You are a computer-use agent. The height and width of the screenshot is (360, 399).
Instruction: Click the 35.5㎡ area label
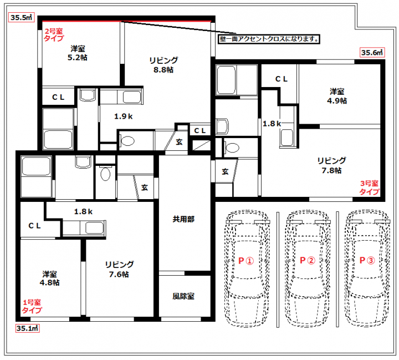click(22, 17)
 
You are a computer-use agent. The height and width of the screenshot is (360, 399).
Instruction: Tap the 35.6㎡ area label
click(372, 52)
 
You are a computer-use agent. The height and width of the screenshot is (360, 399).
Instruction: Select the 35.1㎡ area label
click(28, 328)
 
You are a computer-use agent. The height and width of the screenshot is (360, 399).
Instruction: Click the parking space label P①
click(246, 260)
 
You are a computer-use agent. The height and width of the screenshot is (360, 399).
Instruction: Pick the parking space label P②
click(308, 260)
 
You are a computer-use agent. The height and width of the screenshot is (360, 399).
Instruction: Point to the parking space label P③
click(367, 260)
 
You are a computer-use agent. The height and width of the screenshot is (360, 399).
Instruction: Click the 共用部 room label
click(183, 219)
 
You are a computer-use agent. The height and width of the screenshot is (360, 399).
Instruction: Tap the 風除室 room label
click(183, 296)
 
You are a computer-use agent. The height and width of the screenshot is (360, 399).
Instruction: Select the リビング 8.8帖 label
click(163, 65)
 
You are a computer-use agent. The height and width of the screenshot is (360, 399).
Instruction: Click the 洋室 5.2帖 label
click(78, 53)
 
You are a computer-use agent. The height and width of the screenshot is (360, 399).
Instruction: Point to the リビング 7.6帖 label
click(119, 269)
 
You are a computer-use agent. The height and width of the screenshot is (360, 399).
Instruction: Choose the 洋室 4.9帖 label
click(337, 96)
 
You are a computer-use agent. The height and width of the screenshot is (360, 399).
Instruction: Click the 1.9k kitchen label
click(124, 116)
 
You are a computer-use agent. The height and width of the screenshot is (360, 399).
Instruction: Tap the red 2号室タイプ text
click(54, 34)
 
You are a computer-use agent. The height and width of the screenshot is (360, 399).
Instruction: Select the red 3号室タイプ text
click(370, 187)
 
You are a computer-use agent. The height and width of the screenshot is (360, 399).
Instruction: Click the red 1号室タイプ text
click(32, 306)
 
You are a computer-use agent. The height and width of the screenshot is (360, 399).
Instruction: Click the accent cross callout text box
click(269, 39)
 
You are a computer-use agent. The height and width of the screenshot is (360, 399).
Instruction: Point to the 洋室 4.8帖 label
click(50, 278)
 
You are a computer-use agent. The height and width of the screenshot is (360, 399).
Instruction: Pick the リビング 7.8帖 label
click(331, 165)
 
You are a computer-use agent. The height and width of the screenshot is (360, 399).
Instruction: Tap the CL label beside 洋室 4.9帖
click(282, 79)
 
